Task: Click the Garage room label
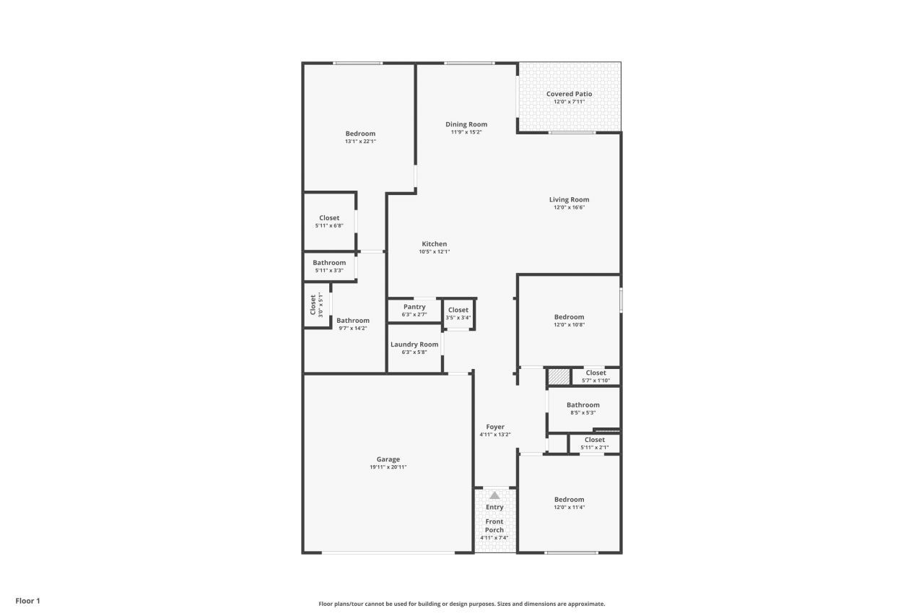(388, 459)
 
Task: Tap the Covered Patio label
(569, 94)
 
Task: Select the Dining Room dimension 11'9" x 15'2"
(466, 132)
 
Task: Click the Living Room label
(569, 200)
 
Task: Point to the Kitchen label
(434, 244)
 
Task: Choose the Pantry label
(414, 307)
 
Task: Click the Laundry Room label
(414, 344)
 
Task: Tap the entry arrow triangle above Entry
(494, 495)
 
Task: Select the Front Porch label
(494, 526)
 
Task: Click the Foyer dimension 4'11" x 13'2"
(495, 435)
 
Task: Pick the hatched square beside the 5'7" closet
(558, 376)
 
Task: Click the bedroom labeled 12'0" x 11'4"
(569, 500)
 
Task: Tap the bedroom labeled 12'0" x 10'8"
(569, 317)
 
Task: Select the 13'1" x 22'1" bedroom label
(360, 134)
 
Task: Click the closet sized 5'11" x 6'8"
(329, 218)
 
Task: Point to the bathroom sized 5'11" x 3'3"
(329, 263)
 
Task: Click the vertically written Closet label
(313, 305)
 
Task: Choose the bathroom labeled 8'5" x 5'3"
(583, 405)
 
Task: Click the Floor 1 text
(28, 601)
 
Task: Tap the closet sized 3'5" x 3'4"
(458, 311)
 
